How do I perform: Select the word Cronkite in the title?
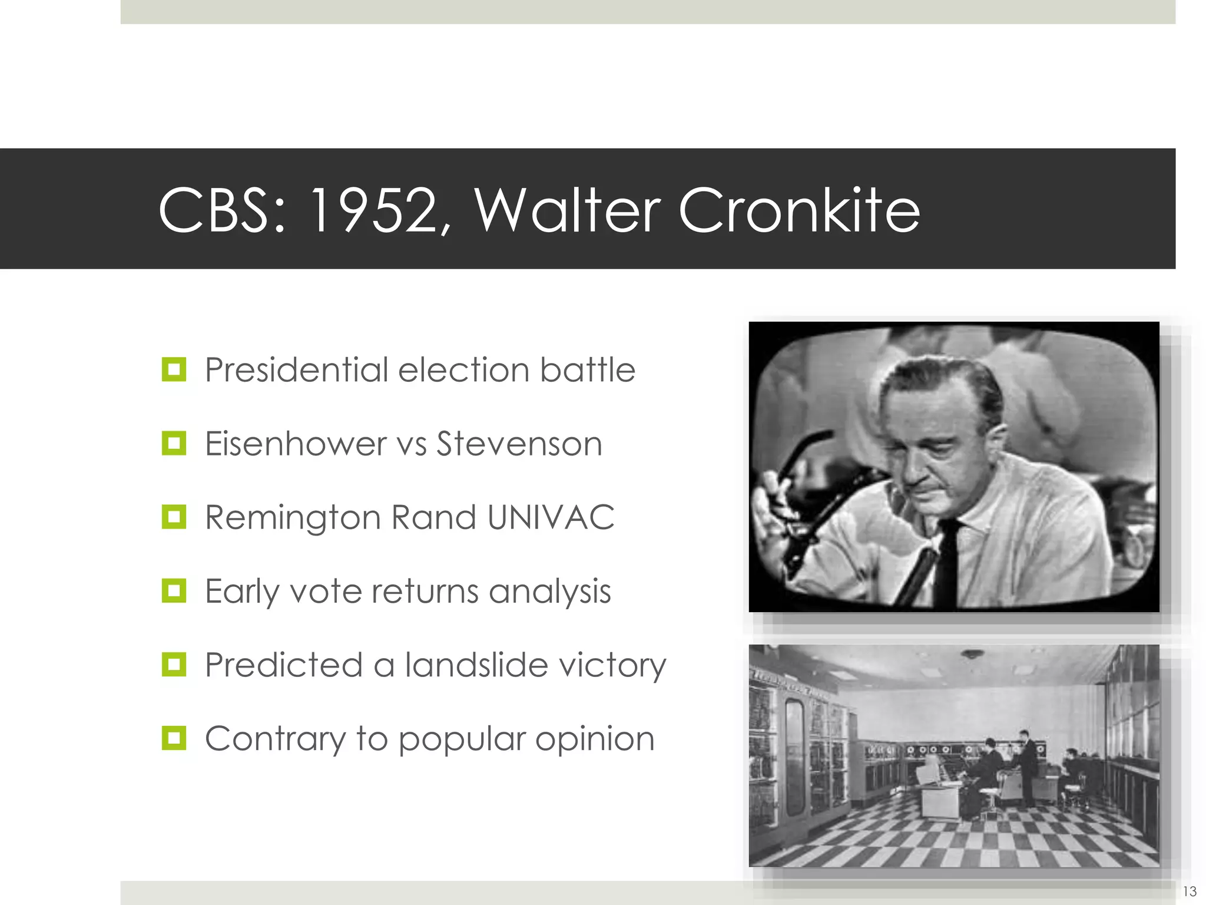pos(799,210)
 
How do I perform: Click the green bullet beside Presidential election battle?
pos(174,369)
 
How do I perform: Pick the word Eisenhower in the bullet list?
pos(295,444)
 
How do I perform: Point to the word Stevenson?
pos(519,444)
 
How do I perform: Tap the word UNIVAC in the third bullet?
pos(551,517)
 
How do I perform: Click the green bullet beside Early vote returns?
pos(174,590)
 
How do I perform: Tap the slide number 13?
pos(1189,891)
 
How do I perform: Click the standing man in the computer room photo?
pos(1027,766)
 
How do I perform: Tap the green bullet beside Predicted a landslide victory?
pos(174,665)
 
